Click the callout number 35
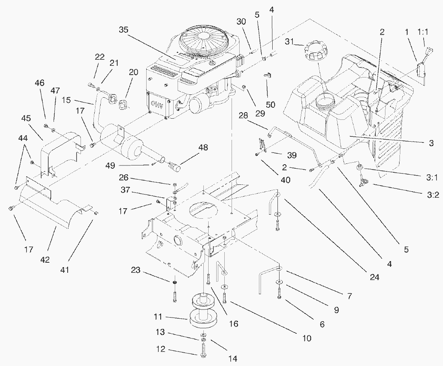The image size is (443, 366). click(124, 30)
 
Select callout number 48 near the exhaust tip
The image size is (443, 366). click(203, 147)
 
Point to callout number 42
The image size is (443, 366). click(45, 259)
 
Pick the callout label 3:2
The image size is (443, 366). click(433, 195)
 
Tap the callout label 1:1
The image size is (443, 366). click(422, 32)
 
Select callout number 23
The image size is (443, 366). click(136, 270)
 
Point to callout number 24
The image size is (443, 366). click(375, 277)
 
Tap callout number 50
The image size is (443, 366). click(270, 105)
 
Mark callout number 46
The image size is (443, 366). click(40, 83)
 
